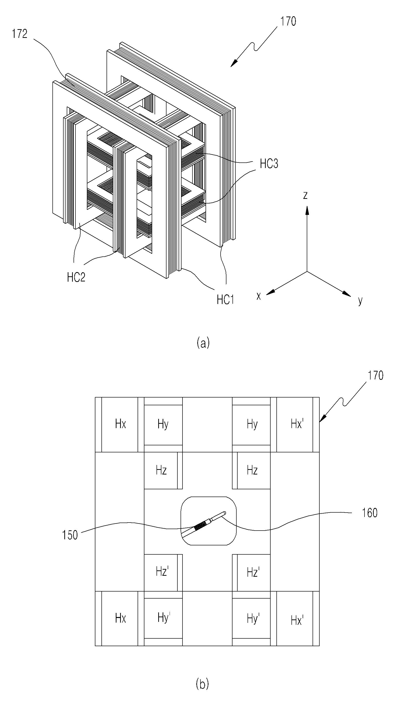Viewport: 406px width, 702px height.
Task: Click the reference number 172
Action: (x=19, y=34)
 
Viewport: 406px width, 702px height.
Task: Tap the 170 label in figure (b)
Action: (x=375, y=375)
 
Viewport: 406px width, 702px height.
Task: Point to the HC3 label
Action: (x=269, y=164)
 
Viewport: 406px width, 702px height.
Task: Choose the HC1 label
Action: (x=225, y=300)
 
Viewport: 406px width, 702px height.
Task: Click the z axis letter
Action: (x=305, y=195)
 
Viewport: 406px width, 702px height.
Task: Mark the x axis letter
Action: (x=259, y=296)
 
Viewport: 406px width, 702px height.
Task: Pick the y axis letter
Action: (x=360, y=301)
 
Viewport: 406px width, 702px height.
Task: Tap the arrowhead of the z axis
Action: (x=307, y=210)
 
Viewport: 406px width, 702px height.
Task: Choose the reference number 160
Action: (x=370, y=513)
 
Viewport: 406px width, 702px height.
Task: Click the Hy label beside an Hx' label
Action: (x=252, y=424)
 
